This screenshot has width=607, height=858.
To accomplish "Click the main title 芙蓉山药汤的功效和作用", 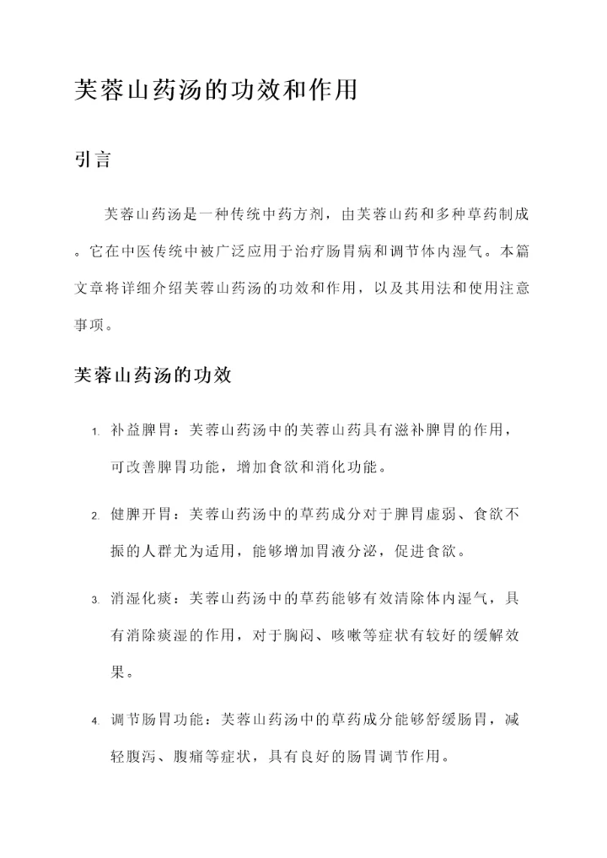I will coord(217,90).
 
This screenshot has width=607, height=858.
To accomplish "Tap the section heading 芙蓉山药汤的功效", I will coord(153,375).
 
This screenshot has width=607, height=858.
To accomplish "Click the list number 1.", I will coord(95,433).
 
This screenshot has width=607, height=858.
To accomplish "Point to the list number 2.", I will coord(95,515).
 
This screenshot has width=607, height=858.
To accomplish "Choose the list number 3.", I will coord(95,600).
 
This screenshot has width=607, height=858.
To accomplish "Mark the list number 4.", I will coord(95,722).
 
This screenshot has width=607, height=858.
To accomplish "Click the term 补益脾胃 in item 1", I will coord(141,431).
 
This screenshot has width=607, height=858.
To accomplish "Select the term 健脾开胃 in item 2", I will coord(141,514).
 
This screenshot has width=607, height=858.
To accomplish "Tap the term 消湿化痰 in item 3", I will coord(141,598).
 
